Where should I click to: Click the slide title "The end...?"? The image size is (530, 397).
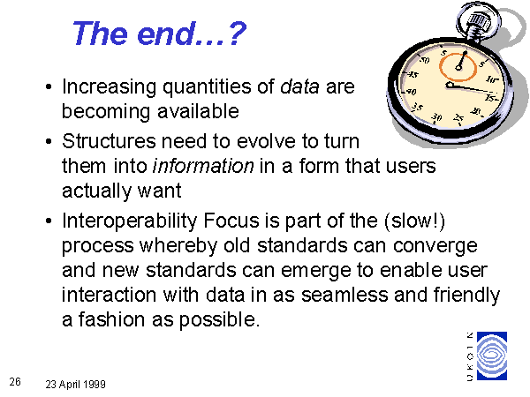point(160,34)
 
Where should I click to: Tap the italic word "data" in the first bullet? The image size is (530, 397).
point(299,86)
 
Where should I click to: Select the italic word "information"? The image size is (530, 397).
point(203,166)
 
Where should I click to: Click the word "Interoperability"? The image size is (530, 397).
point(130,221)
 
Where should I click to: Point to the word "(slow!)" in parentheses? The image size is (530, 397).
point(415,221)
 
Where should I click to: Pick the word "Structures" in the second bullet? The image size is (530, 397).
point(109,141)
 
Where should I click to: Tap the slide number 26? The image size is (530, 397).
point(15,382)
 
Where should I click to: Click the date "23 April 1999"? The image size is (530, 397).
point(76,384)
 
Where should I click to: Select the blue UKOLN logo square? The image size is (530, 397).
point(492,356)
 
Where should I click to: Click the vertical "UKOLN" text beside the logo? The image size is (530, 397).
point(470,356)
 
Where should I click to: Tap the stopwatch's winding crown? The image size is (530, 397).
point(479,21)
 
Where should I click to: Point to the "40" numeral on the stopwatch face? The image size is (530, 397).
point(412,92)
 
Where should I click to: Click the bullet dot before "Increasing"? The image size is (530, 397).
point(49,86)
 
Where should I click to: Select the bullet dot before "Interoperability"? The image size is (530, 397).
point(49,221)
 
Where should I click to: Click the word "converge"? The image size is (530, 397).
point(435,246)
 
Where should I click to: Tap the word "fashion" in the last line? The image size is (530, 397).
point(111,319)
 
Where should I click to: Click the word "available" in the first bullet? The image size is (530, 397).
point(199,111)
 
